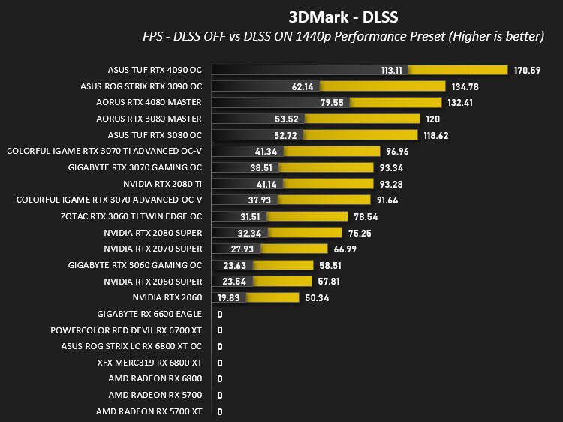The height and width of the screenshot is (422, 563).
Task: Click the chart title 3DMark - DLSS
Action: point(343,17)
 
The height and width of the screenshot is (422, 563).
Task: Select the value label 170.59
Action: point(527,71)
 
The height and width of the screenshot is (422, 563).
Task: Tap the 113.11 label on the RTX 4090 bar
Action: point(392,70)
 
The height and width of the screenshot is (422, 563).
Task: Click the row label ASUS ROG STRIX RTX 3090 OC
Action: point(141,86)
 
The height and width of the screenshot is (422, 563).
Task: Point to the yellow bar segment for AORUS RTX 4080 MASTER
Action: point(396,103)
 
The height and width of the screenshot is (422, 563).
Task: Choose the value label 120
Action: point(432,119)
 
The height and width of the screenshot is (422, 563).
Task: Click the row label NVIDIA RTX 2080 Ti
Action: point(162,184)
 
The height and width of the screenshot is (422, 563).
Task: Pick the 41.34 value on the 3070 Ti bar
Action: point(266,152)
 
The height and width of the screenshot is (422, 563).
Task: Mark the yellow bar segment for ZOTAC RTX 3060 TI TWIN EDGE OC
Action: point(307,216)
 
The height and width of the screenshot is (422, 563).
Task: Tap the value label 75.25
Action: point(360,234)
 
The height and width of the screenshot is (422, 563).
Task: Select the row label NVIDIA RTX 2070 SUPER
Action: point(153,249)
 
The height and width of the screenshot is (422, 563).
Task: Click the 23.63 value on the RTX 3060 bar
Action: point(234,266)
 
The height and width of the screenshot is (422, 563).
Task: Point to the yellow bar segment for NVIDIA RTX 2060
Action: point(272,298)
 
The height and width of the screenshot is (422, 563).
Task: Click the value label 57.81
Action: point(329,282)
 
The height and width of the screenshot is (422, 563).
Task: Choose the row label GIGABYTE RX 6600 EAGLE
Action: point(149,315)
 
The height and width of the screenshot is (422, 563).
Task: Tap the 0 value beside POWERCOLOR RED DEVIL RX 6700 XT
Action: point(220,330)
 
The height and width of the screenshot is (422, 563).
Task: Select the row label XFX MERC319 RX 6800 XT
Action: point(149,363)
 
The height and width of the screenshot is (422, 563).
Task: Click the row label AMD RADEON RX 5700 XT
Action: point(149,412)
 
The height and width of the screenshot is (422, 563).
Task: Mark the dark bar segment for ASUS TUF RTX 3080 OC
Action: point(257,135)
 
